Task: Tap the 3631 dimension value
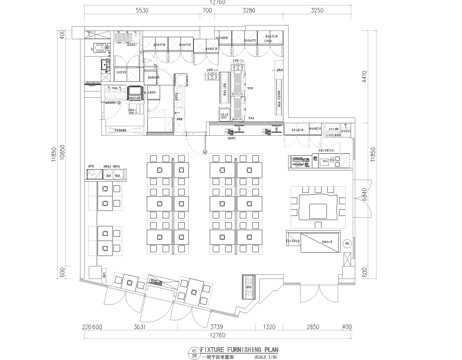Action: pyautogui.click(x=141, y=326)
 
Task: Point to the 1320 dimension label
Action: pyautogui.click(x=269, y=326)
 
